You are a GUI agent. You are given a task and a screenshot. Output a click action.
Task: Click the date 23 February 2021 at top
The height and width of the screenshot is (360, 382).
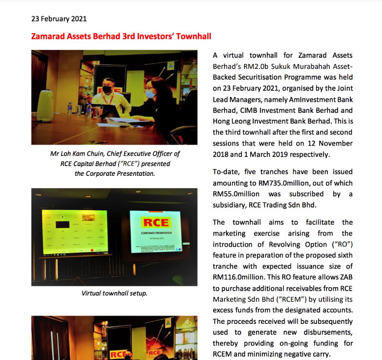point(59,19)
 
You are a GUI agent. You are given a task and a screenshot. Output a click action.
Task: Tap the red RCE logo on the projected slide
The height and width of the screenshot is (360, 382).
point(156,223)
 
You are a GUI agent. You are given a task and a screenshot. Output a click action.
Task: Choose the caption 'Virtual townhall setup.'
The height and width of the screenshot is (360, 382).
point(114,294)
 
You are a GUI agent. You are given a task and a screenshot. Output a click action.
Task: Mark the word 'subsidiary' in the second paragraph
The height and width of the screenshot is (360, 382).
point(231,205)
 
